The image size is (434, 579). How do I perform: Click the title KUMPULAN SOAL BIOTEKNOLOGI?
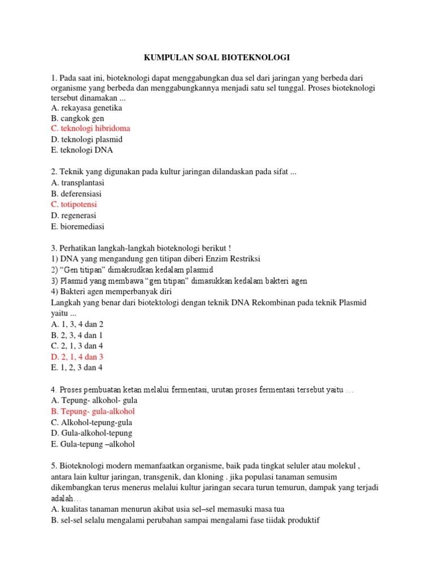(217, 58)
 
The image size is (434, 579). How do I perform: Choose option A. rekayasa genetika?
(86, 108)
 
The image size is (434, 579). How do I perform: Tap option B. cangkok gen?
(77, 119)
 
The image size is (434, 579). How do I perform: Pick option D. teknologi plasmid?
(86, 140)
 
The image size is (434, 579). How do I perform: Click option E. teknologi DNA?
(82, 150)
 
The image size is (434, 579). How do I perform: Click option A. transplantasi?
(77, 183)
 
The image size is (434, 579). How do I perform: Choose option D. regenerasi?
(73, 215)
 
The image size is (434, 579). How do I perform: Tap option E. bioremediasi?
(77, 226)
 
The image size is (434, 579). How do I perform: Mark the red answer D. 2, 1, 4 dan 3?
(77, 357)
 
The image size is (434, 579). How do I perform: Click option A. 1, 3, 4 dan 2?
(77, 324)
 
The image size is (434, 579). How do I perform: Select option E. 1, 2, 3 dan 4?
(77, 368)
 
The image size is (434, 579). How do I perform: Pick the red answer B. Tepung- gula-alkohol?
(93, 412)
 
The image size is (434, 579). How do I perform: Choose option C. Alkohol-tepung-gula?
(92, 422)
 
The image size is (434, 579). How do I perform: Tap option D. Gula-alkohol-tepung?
(92, 433)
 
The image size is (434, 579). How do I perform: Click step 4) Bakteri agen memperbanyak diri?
(111, 292)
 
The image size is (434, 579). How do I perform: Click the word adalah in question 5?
(62, 498)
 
